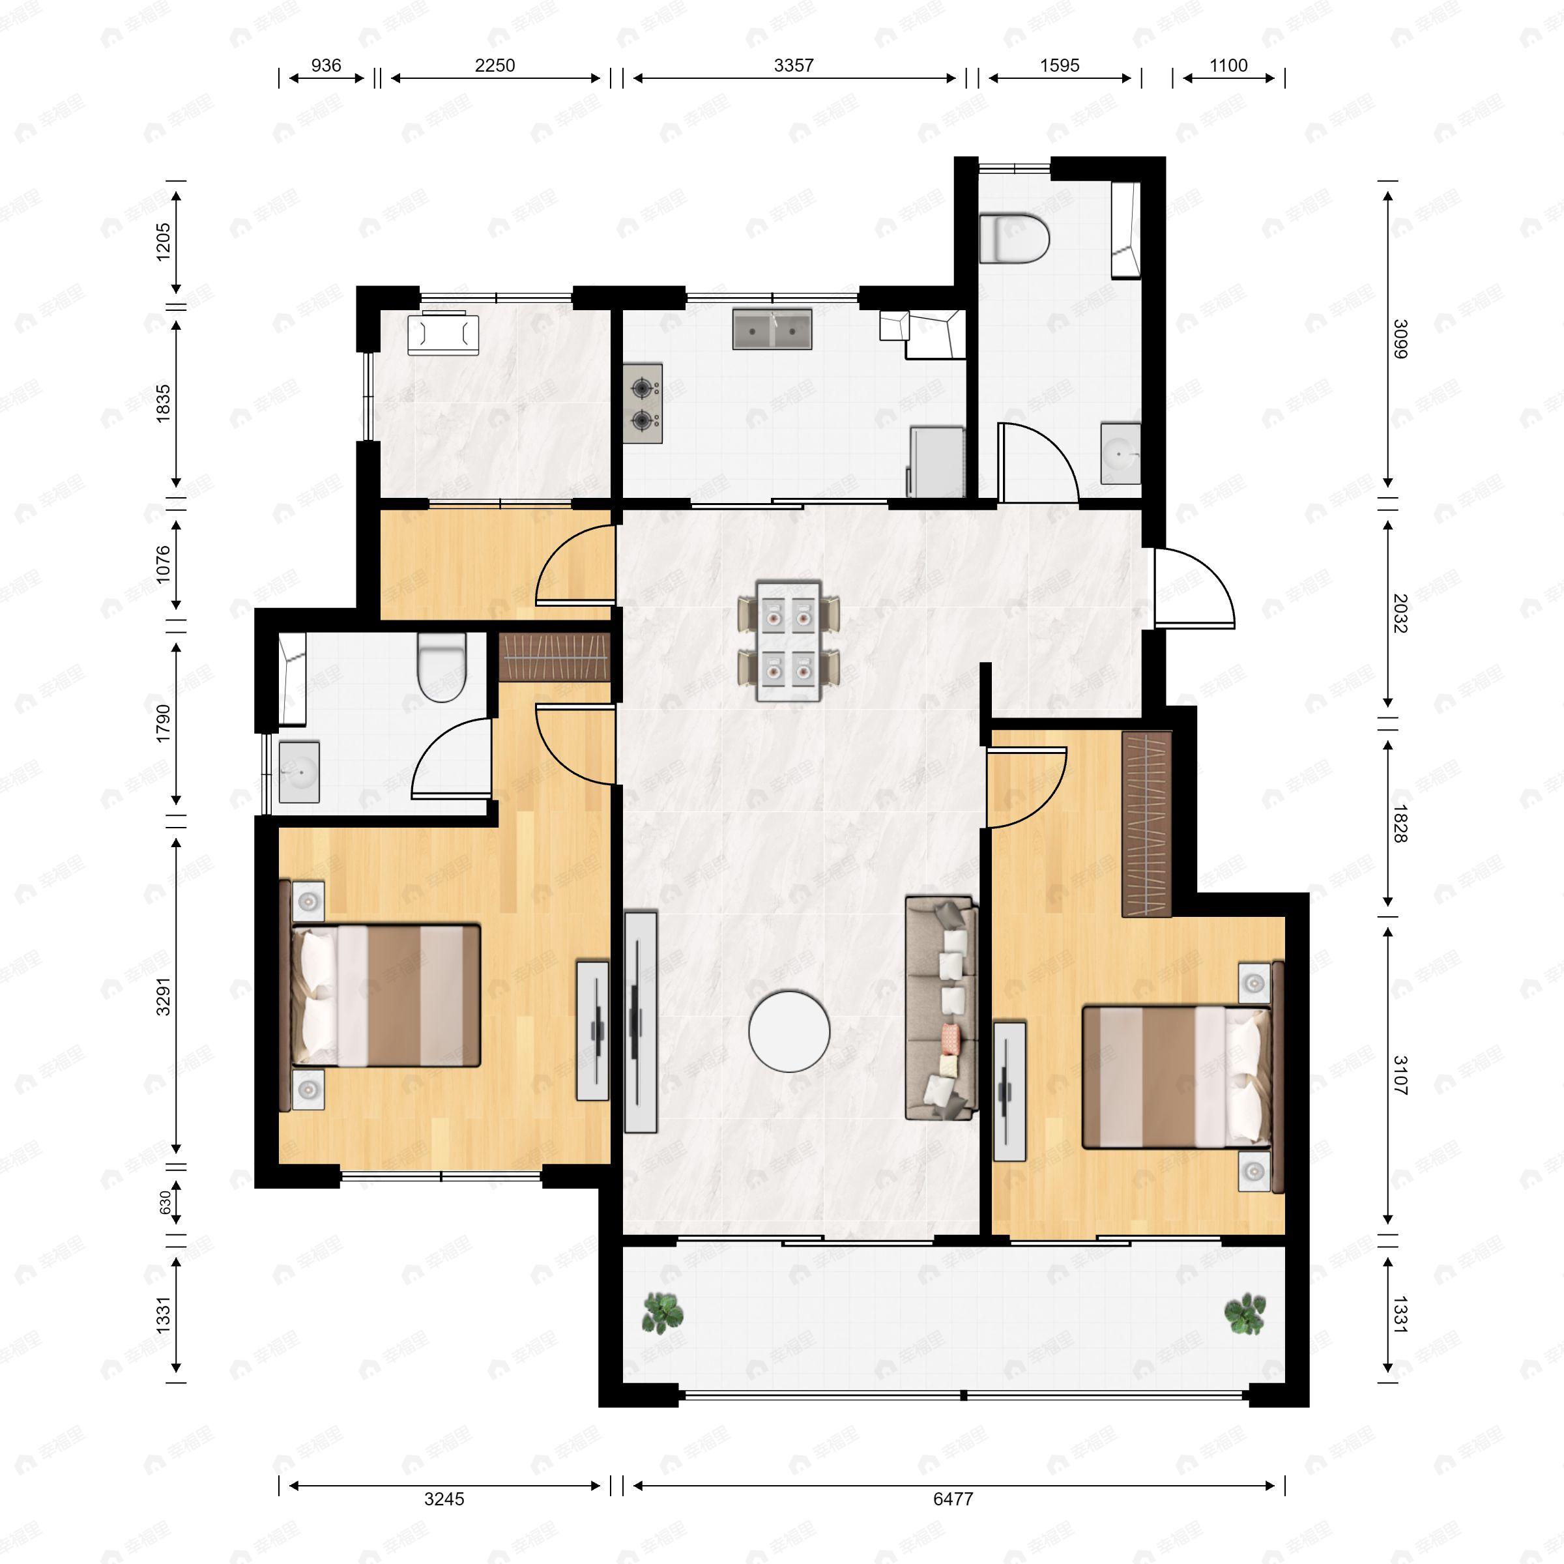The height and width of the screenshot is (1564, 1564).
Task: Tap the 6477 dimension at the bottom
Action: point(953,1498)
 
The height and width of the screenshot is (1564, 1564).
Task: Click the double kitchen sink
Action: point(772,328)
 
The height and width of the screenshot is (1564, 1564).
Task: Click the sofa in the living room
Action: point(942,1008)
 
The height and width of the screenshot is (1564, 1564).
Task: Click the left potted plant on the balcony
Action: point(662,1313)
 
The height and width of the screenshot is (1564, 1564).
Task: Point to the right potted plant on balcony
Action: point(1244,1314)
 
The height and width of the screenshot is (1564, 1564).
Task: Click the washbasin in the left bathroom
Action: point(298,772)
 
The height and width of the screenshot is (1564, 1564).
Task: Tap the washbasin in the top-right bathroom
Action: point(1121,454)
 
